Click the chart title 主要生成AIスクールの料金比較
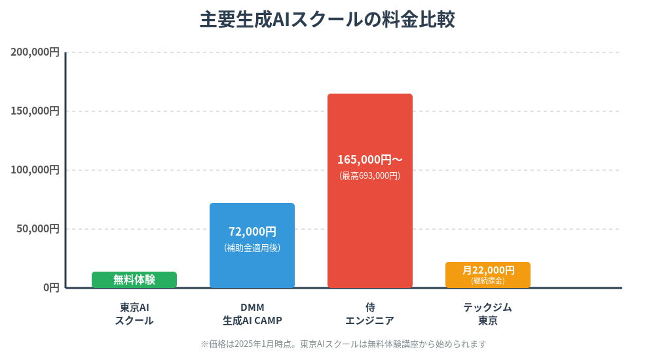point(327,20)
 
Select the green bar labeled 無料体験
point(134,279)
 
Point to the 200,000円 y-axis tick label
point(35,52)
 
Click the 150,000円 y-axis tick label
point(35,111)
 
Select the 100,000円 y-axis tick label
point(35,170)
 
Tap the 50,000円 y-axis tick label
point(37,229)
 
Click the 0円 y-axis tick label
point(51,287)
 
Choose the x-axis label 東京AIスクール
point(134,314)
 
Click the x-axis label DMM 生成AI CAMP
point(252,314)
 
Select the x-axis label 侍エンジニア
point(370,314)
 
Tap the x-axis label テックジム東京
point(488,314)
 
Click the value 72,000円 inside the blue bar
point(252,232)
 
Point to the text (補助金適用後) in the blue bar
point(252,248)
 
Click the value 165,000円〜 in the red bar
point(370,160)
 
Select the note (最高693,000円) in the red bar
point(370,176)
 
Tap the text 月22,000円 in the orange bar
point(488,270)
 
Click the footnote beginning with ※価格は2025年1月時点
point(343,344)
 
